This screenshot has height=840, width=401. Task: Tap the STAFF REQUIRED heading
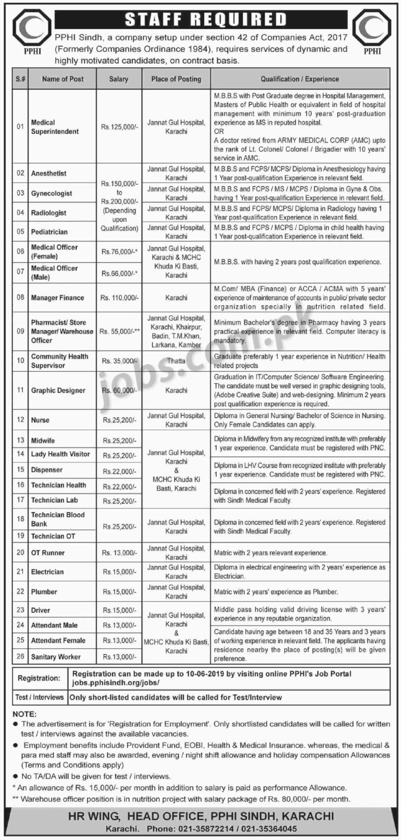pyautogui.click(x=206, y=19)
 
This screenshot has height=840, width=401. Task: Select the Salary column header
pyautogui.click(x=119, y=79)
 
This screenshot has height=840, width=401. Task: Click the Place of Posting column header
pyautogui.click(x=176, y=79)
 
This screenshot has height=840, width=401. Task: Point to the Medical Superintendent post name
pyautogui.click(x=55, y=127)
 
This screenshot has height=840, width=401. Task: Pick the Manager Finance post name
pyautogui.click(x=57, y=298)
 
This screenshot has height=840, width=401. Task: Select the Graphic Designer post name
pyautogui.click(x=58, y=390)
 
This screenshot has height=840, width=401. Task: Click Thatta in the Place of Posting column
pyautogui.click(x=176, y=361)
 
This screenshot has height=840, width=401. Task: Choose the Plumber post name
pyautogui.click(x=44, y=592)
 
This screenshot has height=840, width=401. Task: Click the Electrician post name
pyautogui.click(x=48, y=572)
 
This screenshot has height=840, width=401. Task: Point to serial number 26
pyautogui.click(x=20, y=657)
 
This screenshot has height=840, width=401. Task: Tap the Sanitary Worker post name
pyautogui.click(x=56, y=657)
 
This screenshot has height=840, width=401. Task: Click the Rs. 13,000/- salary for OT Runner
pyautogui.click(x=119, y=553)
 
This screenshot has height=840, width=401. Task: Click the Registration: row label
pyautogui.click(x=39, y=678)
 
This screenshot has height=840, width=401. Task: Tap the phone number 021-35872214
pyautogui.click(x=221, y=829)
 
